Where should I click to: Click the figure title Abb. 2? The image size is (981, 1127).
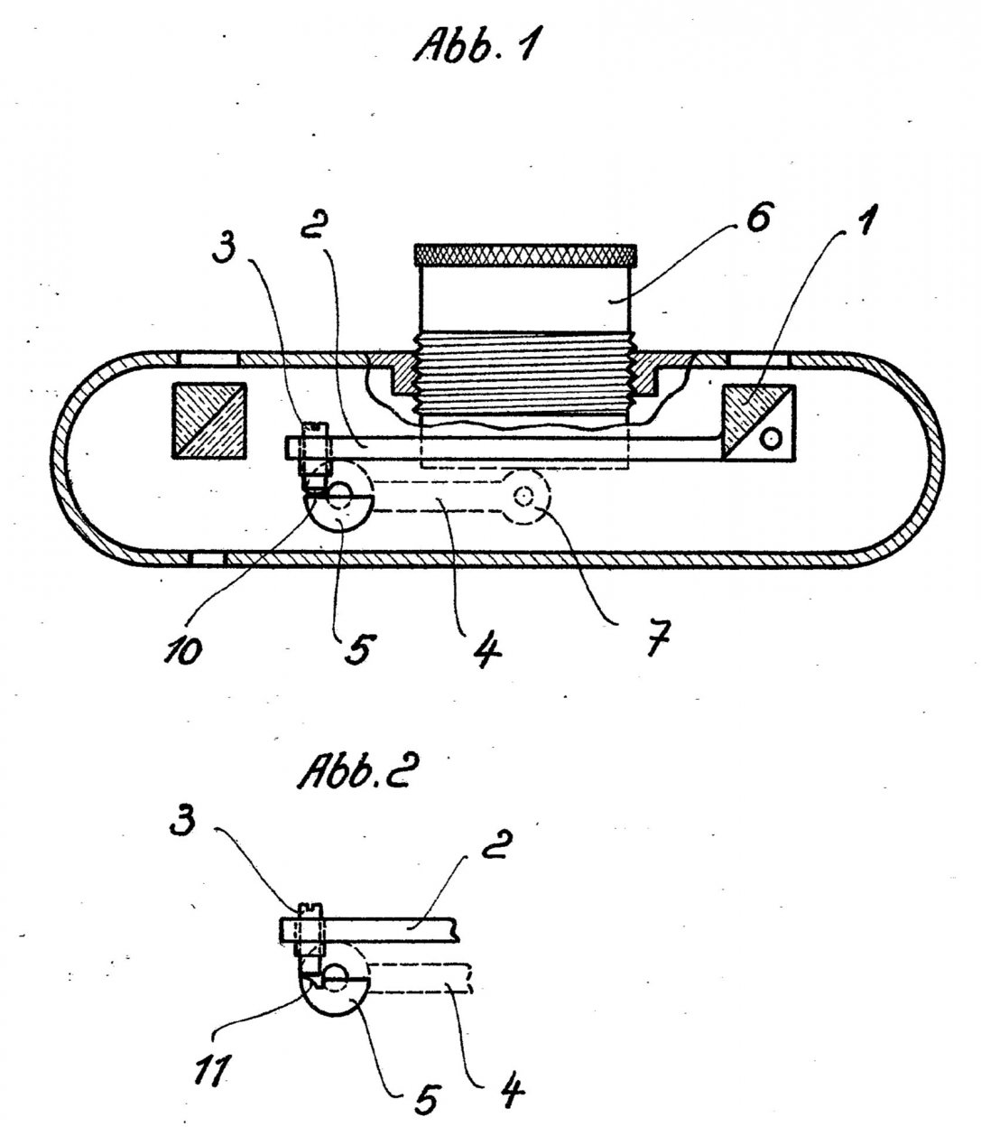[x=358, y=774]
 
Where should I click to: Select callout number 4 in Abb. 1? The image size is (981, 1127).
[x=487, y=648]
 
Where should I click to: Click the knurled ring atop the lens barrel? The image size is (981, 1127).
[x=526, y=255]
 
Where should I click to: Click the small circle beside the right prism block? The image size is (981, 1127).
[x=770, y=439]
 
